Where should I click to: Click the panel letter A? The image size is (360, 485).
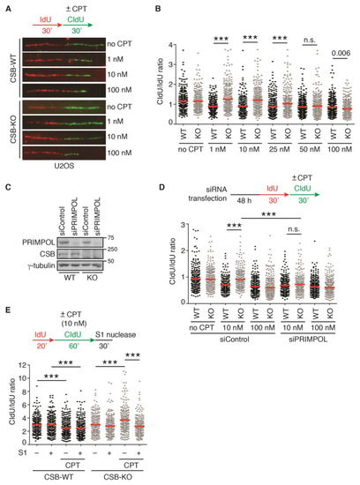(x=6, y=6)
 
